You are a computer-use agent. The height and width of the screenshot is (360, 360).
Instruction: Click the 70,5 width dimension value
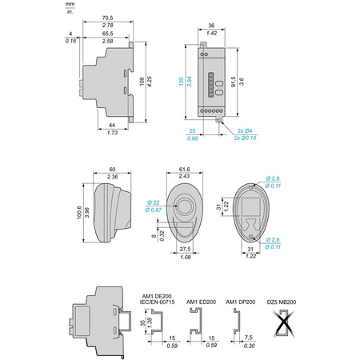(x=107, y=18)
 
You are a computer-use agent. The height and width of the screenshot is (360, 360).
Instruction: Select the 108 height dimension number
(x=142, y=81)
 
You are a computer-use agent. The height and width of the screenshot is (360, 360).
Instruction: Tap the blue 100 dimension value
(x=182, y=81)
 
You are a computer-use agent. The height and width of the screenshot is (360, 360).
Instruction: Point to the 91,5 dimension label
(x=234, y=82)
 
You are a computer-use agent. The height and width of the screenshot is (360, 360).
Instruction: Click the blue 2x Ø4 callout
(x=245, y=130)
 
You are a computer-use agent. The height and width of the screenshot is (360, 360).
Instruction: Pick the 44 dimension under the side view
(x=112, y=125)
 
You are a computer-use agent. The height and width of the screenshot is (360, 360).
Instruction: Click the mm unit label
(x=70, y=4)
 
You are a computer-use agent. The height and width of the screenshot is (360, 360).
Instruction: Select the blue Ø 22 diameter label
(x=154, y=202)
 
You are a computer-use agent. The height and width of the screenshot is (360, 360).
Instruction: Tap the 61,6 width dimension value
(x=185, y=170)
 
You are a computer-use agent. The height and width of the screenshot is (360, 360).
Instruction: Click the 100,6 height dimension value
(x=79, y=213)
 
